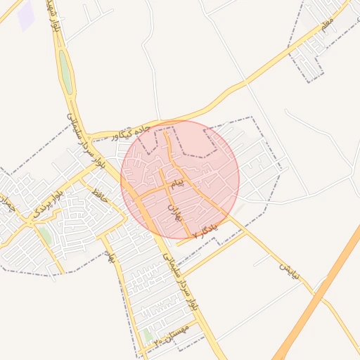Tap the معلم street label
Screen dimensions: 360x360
point(326,26)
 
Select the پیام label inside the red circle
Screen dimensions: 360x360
point(179,184)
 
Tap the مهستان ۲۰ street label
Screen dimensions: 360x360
point(172,340)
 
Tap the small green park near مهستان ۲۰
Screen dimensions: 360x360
point(148,335)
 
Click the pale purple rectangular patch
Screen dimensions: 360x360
point(27,15)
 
